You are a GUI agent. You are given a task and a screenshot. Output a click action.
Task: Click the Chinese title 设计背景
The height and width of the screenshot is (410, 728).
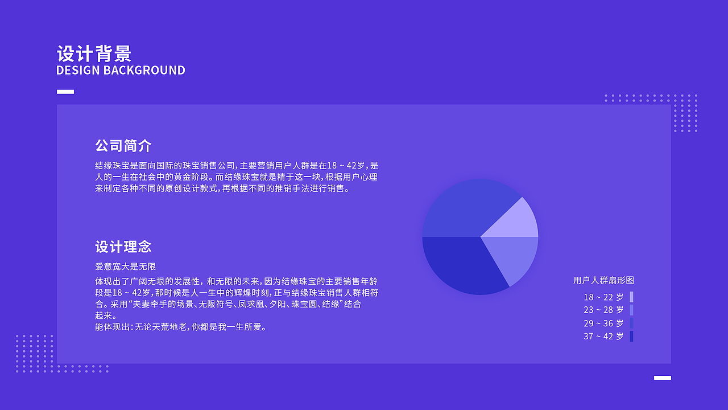pos(94,54)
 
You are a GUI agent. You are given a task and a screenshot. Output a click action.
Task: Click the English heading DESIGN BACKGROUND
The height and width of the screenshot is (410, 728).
pos(121,71)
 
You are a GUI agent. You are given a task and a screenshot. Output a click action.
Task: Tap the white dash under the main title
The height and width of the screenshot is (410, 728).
pos(65,92)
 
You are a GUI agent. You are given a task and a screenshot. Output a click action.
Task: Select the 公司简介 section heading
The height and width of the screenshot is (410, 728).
pos(123,145)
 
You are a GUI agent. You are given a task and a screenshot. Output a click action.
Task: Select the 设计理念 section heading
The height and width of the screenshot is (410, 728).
pos(123,247)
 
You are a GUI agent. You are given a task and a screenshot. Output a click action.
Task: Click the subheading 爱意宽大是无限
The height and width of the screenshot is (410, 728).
pos(126,266)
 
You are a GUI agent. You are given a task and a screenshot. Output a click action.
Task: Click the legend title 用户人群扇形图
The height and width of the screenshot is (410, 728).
pos(603,280)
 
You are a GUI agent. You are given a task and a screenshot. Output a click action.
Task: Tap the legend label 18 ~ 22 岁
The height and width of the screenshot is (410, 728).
pos(603,297)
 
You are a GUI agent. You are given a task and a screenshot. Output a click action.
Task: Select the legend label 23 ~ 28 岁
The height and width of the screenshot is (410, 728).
pos(603,310)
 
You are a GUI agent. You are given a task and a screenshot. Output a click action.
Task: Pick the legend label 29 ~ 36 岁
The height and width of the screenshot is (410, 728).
pos(603,323)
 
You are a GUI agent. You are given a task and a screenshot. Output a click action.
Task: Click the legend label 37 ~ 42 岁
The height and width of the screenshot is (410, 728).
pos(603,337)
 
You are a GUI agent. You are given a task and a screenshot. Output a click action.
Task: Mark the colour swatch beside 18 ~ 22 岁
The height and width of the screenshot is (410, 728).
pos(631,297)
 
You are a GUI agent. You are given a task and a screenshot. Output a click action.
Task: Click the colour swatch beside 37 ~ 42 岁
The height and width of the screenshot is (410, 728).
pos(631,337)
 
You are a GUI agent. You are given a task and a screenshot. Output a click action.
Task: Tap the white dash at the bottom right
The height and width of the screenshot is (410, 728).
pos(663,378)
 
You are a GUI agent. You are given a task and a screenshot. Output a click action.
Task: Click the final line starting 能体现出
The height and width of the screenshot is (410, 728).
pos(181,327)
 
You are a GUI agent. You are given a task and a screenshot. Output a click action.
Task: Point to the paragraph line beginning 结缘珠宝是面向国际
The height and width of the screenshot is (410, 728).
pos(237,166)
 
